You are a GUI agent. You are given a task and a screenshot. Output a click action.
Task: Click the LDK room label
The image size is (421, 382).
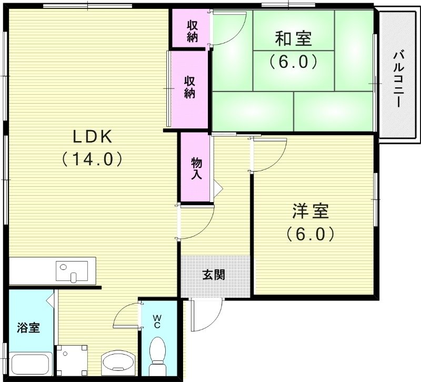coord(92,137)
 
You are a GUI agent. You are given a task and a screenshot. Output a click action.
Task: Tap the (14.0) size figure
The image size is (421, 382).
coord(92,158)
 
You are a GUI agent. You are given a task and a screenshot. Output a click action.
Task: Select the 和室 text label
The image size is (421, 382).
coord(293,39)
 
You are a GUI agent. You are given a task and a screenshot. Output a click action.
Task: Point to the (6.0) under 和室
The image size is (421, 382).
coord(293,62)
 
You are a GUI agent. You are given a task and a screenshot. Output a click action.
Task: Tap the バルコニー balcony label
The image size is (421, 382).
coord(399,79)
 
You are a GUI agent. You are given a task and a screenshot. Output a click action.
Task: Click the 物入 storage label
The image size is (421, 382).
coord(196,168)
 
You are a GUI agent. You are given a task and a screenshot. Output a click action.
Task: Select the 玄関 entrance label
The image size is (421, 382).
coord(214,274)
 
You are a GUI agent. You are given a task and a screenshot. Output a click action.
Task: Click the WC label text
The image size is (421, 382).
coord(158,321)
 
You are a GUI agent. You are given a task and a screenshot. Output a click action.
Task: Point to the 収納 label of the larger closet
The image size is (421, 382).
coord(189,87)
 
